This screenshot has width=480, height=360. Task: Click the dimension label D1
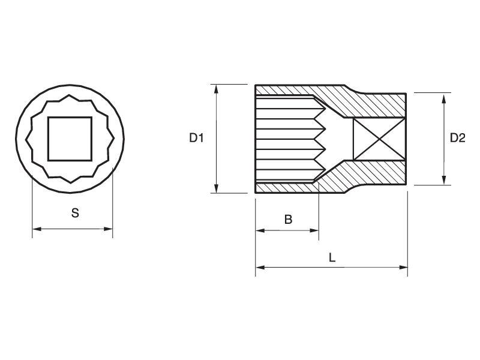(197, 138)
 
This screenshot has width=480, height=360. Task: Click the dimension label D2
(458, 138)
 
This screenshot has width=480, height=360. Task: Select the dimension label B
(288, 220)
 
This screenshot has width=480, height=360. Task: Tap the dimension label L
(332, 257)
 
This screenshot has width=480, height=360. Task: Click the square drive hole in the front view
(70, 139)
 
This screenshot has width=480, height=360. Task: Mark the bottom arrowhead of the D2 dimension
(444, 181)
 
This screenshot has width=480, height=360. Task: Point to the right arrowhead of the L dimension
(404, 268)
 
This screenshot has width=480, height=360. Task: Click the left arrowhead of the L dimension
(260, 268)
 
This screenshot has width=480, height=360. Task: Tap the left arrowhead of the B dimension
(260, 230)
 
